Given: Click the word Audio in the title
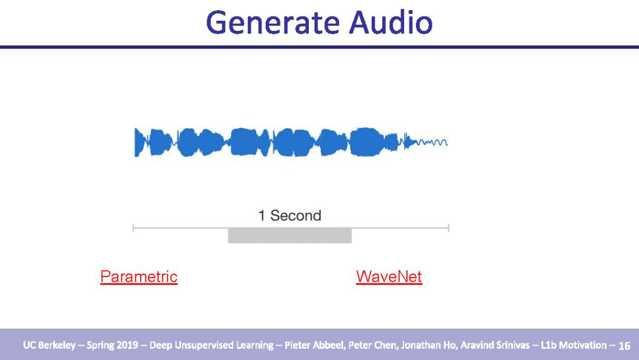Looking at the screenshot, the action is pos(390,22).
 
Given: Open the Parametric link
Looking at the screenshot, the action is pos(139,277).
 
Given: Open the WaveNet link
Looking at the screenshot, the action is pos(389,277).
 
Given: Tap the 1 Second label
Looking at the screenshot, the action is pos(290,216).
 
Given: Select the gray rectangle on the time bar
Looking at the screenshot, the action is pos(290,235).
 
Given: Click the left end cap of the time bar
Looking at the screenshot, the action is pos(133,228).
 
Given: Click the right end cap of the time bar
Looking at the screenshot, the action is pos(448,228).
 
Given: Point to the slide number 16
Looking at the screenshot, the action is pos(624,346).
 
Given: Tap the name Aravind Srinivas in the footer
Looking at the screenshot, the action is pos(495,345).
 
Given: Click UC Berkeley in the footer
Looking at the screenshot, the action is pos(49,345).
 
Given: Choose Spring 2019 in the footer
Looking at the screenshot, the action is pos(112,345).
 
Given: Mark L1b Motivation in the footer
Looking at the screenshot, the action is pos(574,345).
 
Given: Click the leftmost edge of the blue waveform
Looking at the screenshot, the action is pos(135,142).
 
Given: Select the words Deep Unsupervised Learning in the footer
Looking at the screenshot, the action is pos(211,345).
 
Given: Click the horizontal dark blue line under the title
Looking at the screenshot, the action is pos(319,47).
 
